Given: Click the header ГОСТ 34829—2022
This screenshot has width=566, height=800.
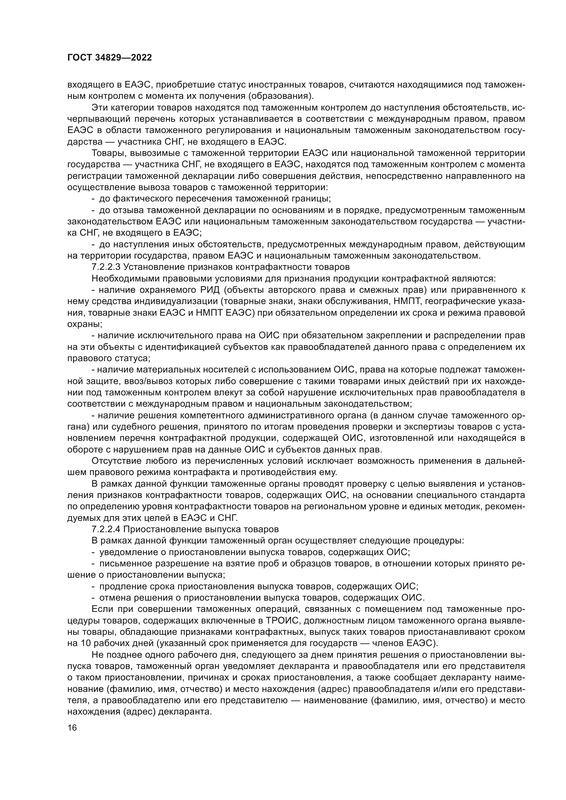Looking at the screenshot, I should tap(110, 58).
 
